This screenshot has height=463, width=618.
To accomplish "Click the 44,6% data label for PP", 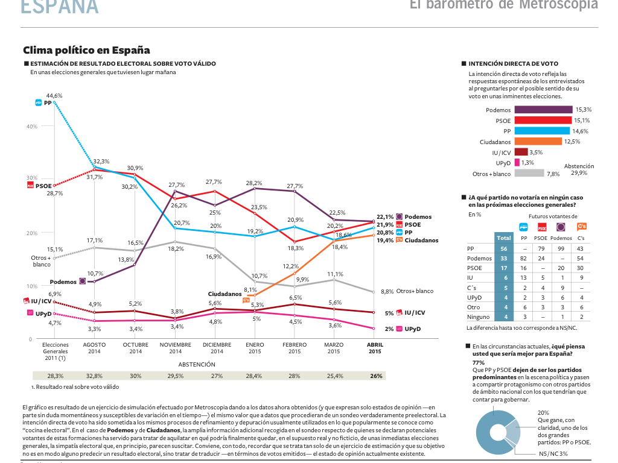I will tap(54, 95).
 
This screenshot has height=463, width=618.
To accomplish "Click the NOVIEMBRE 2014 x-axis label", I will tap(176, 348).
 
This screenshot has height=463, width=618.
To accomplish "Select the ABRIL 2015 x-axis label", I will tap(375, 348).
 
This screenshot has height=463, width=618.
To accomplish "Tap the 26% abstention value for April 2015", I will tap(376, 376).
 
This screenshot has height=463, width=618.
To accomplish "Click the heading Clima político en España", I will tap(86, 51).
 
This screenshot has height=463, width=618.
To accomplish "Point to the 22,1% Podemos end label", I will tap(385, 217).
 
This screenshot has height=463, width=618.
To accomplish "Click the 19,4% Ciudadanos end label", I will tap(385, 240).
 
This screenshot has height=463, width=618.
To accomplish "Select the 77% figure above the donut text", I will tap(478, 363).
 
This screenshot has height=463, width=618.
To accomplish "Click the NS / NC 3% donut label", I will tap(553, 453).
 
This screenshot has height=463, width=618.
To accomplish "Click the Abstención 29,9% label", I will tap(579, 169).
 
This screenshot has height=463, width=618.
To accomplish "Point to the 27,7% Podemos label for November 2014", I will tap(176, 184).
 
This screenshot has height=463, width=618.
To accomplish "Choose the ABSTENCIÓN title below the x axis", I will tap(197, 364).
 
